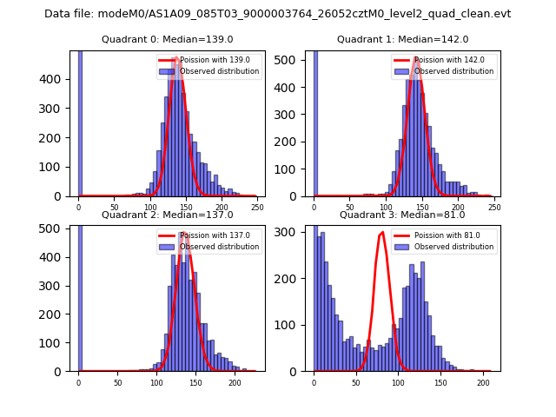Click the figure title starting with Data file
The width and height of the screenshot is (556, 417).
point(277,14)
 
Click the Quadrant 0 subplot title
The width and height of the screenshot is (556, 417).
point(168,39)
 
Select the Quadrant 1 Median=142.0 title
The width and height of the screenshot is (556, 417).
point(402,39)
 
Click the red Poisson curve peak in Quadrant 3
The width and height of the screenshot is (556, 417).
point(382,233)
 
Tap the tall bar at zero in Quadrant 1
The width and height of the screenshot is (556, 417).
point(314,122)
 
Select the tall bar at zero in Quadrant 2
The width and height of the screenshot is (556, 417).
point(79,295)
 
